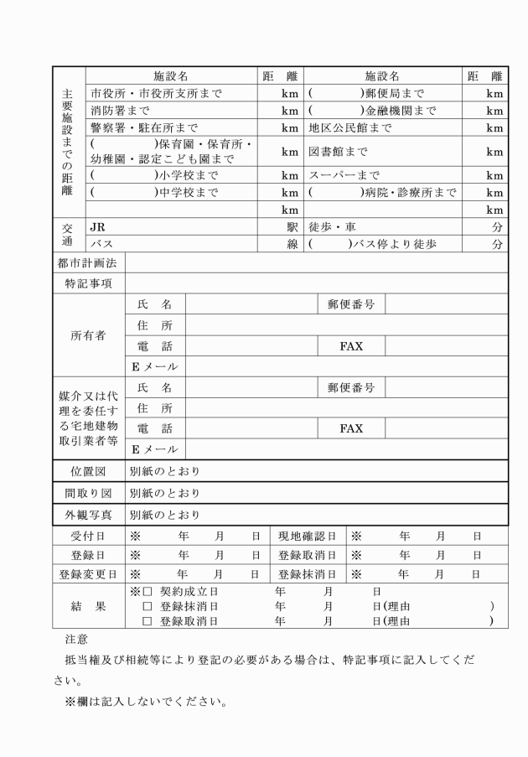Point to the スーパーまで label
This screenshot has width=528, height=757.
click(x=344, y=176)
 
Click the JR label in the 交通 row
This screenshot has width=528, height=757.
click(x=98, y=226)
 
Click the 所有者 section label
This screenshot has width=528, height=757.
click(x=88, y=335)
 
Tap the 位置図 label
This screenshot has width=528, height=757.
click(x=88, y=471)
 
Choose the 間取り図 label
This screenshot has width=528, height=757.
click(x=88, y=492)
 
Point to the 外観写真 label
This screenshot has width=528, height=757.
click(x=88, y=514)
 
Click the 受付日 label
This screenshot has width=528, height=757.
click(x=88, y=535)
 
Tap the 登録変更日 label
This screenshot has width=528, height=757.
click(x=88, y=575)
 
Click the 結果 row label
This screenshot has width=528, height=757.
click(x=88, y=606)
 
